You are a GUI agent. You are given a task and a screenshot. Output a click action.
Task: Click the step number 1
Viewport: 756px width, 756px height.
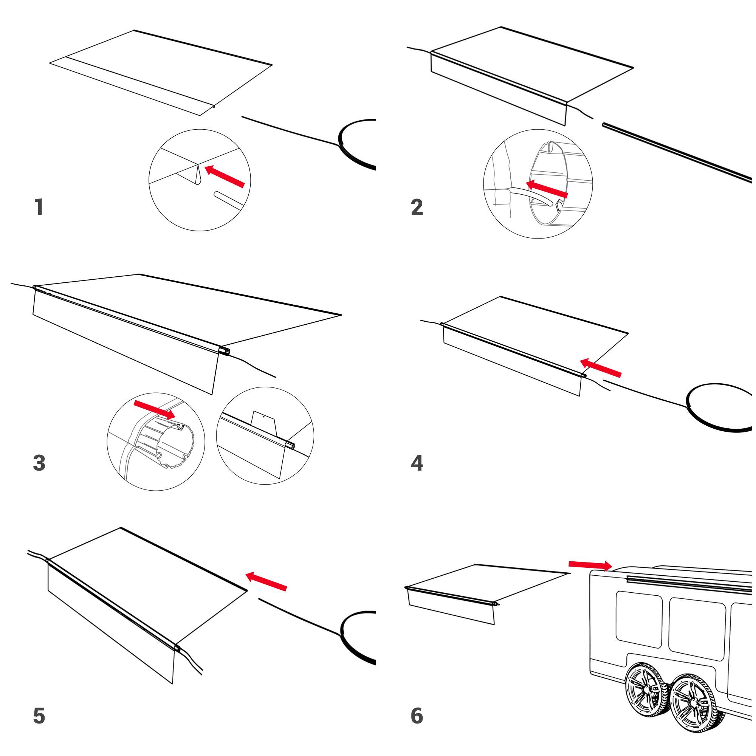pos(39,207)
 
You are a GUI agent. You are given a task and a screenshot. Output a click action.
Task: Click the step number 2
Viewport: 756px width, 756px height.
pos(417,207)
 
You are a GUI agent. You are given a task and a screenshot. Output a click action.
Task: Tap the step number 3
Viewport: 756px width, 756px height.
pos(39,463)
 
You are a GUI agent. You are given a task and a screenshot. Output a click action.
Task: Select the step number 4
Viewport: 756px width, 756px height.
pos(417,463)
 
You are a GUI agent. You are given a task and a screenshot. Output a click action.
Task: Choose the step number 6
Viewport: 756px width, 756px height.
pos(417,716)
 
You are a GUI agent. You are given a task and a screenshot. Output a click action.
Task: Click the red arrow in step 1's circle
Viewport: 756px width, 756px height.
pos(225,176)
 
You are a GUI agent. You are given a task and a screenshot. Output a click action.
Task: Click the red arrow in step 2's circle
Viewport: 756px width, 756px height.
pos(546,189)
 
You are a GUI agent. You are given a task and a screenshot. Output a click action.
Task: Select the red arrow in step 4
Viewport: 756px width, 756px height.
pos(600,368)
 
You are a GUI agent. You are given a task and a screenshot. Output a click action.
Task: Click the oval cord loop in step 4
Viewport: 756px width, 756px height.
pos(719,407)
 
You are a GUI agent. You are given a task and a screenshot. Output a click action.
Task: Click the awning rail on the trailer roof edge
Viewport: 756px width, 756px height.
pos(689,582)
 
